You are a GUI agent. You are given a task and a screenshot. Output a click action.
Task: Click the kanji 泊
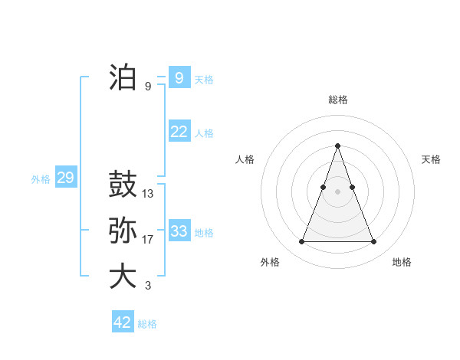pyautogui.click(x=123, y=77)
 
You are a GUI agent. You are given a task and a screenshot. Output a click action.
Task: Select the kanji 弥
pyautogui.click(x=123, y=231)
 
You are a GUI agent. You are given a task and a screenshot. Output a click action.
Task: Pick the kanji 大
pyautogui.click(x=123, y=277)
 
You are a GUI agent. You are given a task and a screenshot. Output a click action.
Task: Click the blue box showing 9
pyautogui.click(x=179, y=77)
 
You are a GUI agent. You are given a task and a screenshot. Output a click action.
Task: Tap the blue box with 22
pyautogui.click(x=179, y=132)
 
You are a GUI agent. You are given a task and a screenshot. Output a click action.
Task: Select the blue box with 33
pyautogui.click(x=179, y=231)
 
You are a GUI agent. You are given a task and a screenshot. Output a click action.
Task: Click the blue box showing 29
pyautogui.click(x=65, y=178)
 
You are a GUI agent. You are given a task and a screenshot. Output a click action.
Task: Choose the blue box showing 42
pyautogui.click(x=123, y=322)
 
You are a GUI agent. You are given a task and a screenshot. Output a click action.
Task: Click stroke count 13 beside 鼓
pyautogui.click(x=148, y=194)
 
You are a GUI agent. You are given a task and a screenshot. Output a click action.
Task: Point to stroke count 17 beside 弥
pyautogui.click(x=148, y=240)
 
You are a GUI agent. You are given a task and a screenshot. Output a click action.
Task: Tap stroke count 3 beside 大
pyautogui.click(x=148, y=286)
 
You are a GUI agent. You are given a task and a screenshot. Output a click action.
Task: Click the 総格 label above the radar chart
pyautogui.click(x=338, y=100)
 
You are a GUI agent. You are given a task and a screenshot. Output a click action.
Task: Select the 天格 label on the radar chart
pyautogui.click(x=432, y=159)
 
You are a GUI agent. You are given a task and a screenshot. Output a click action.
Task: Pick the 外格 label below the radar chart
pyautogui.click(x=270, y=262)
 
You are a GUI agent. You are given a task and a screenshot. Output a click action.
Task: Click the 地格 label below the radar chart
pyautogui.click(x=402, y=262)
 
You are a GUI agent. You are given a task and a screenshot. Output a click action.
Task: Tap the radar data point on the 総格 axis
pyautogui.click(x=337, y=146)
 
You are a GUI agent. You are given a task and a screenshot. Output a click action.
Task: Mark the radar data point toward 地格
pyautogui.click(x=374, y=242)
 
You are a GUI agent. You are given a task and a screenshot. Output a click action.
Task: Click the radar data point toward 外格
pyautogui.click(x=301, y=242)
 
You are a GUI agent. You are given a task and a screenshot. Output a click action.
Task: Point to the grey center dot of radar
pyautogui.click(x=337, y=191)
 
